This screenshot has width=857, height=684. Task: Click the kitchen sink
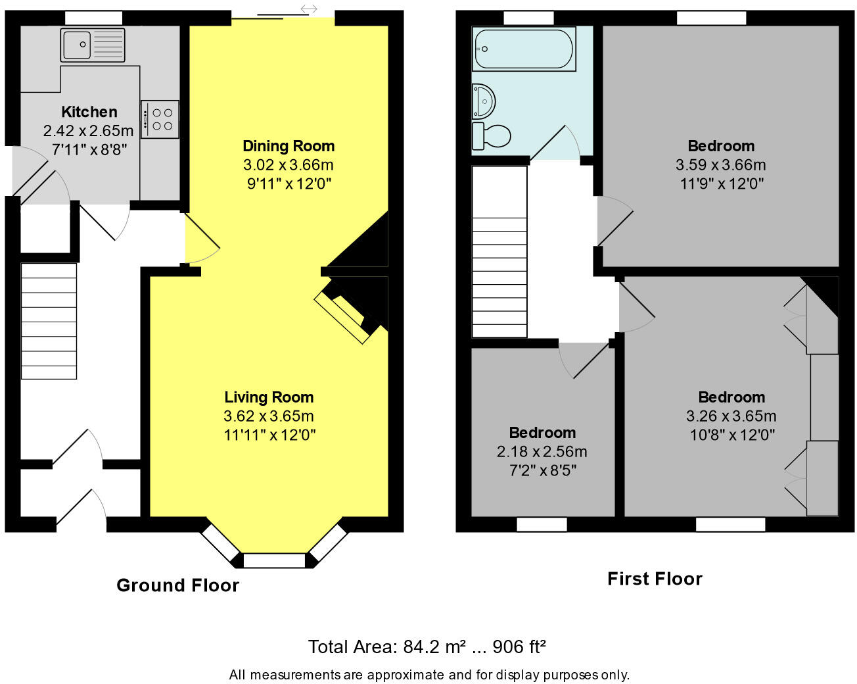point(93,45)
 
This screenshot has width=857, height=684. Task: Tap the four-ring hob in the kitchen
point(160,119)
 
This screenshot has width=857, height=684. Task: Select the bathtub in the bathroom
point(524,49)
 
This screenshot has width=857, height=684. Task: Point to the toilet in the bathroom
point(491,136)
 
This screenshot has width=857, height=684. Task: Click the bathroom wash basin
point(484,101)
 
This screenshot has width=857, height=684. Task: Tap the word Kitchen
point(89,112)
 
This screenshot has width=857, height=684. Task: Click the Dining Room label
point(289,146)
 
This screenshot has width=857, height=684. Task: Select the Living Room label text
point(269,397)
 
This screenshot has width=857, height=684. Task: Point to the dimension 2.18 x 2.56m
point(542,452)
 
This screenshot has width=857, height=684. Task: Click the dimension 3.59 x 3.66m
point(721,164)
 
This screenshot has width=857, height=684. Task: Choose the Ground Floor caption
point(177,585)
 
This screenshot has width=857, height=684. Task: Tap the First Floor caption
point(655,579)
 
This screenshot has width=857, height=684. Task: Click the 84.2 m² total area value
point(434,647)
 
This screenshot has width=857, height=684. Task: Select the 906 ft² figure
point(519,647)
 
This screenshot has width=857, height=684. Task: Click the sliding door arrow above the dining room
point(309,9)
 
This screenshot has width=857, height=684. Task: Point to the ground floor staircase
point(49,321)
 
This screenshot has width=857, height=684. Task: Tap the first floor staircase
point(499,251)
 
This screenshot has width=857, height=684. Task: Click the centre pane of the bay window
point(274,560)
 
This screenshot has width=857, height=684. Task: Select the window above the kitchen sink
point(93,18)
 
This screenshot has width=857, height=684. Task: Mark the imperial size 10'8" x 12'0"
point(732,435)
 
